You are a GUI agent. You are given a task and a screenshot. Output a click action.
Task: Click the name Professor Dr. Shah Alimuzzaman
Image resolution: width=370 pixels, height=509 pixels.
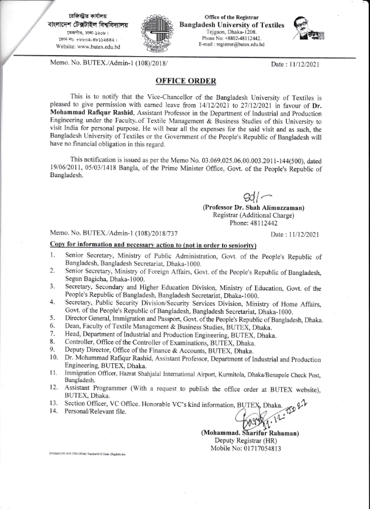254,208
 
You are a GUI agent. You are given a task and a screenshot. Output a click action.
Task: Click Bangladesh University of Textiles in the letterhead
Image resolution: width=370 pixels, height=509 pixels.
232,24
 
